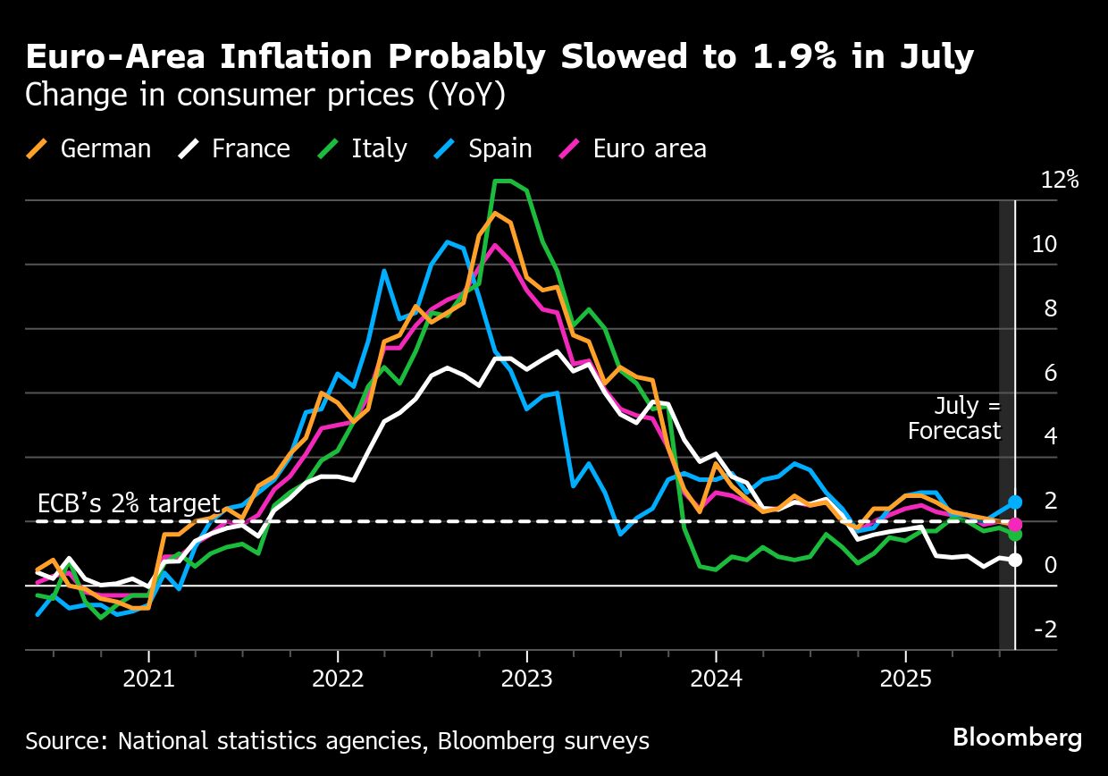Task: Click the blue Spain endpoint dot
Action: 1015,502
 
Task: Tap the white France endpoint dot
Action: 1015,561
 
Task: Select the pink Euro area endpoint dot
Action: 1015,524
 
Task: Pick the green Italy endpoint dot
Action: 1015,534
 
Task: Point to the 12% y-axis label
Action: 1060,181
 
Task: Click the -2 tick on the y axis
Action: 1045,629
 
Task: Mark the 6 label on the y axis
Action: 1050,373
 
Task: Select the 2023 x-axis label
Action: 527,679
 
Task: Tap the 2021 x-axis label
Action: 148,679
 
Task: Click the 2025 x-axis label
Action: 905,679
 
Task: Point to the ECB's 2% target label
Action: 129,502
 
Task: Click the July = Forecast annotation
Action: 954,418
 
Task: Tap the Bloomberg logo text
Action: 1017,738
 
